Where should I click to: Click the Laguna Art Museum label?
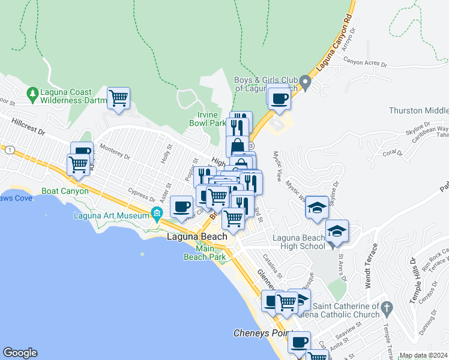click(x=110, y=216)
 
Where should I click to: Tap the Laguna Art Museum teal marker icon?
click(x=157, y=212)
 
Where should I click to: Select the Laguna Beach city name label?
click(x=196, y=237)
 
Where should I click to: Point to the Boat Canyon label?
click(x=65, y=191)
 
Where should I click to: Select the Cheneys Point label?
click(x=261, y=332)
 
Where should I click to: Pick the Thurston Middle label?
click(x=418, y=110)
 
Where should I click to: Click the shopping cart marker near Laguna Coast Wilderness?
click(x=119, y=97)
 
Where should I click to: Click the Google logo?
click(x=20, y=353)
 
